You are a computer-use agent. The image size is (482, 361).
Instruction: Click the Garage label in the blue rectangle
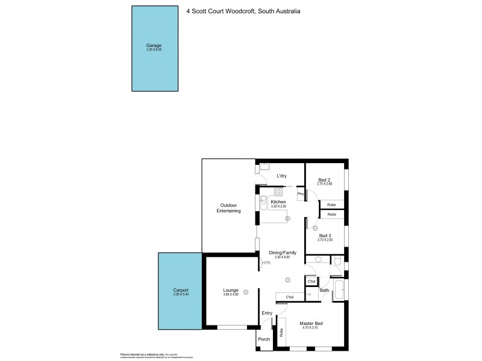[153, 45]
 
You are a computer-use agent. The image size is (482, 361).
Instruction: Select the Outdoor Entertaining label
[229, 209]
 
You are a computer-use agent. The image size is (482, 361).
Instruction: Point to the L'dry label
[281, 176]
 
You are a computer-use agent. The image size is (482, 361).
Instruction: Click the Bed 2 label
[325, 180]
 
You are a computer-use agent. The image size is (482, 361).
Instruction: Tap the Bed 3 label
[325, 235]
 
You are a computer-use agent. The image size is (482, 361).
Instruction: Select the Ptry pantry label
[301, 194]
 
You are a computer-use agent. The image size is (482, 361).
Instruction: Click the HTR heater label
[266, 263]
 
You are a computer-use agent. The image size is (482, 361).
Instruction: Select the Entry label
[268, 313]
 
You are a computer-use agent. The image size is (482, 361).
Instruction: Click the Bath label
[324, 290]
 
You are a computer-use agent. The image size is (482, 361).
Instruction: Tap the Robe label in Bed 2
[332, 205]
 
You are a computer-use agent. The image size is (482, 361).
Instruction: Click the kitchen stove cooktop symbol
[278, 192]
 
